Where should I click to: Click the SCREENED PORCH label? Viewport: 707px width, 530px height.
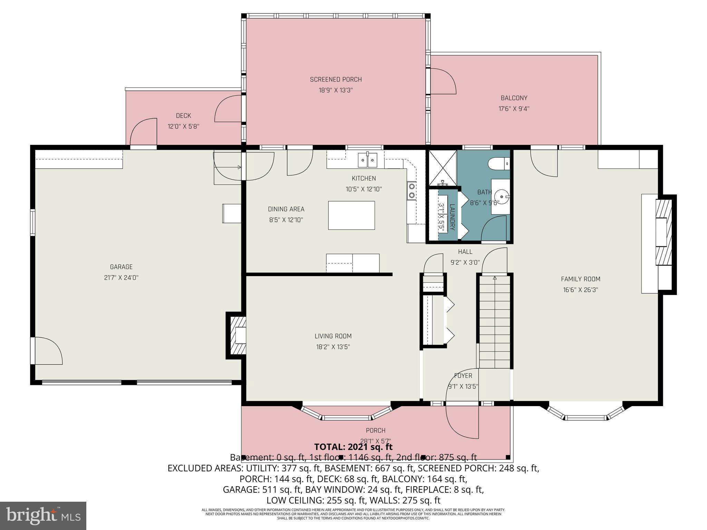point(336,79)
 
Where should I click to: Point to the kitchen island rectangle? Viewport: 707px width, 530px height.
point(351,215)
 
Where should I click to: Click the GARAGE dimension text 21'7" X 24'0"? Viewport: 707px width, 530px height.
point(121,277)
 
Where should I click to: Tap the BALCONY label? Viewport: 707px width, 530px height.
point(514,98)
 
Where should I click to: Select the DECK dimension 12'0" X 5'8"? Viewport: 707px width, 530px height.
point(183,126)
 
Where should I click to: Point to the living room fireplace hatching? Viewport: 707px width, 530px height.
point(236,335)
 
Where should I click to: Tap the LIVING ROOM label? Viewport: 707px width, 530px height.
point(333,336)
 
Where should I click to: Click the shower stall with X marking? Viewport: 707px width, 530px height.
point(442,167)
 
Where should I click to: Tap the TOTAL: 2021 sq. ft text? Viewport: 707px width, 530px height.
point(353,447)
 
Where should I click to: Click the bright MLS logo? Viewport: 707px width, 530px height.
point(43,516)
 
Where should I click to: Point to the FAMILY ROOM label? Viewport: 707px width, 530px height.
point(580,279)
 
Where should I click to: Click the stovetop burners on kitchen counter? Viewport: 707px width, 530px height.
point(411,191)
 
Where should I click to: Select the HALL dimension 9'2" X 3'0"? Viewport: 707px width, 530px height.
point(465,262)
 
